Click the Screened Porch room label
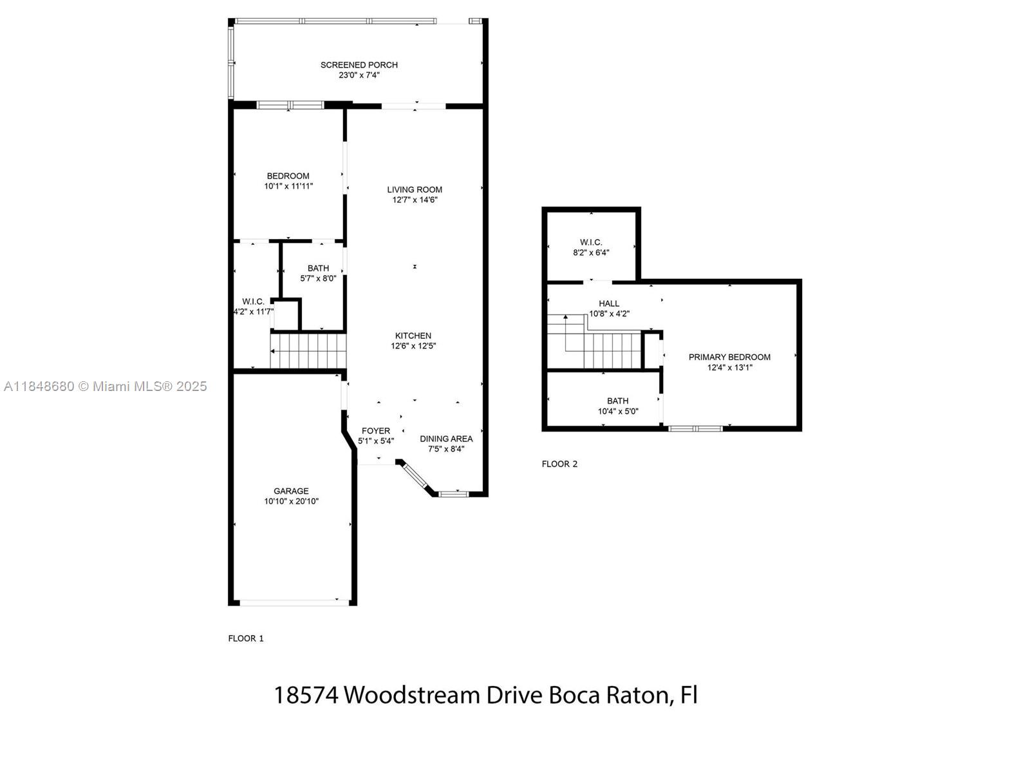click(359, 65)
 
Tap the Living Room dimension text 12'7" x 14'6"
click(415, 200)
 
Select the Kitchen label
click(413, 336)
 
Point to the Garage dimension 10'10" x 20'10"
click(292, 501)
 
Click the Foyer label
click(376, 431)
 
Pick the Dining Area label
click(446, 439)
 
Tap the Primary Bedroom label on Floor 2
click(729, 357)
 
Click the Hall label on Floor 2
click(609, 303)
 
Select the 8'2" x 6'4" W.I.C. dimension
click(591, 253)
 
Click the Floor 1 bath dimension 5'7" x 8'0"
click(318, 278)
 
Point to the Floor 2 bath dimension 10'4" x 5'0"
click(618, 412)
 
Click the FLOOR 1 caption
click(246, 638)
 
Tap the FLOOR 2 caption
click(559, 464)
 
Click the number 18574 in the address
click(306, 695)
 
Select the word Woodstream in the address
click(411, 695)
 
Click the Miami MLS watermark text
click(106, 386)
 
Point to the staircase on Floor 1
click(308, 350)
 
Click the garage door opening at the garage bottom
click(295, 603)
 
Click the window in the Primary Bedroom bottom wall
click(695, 428)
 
